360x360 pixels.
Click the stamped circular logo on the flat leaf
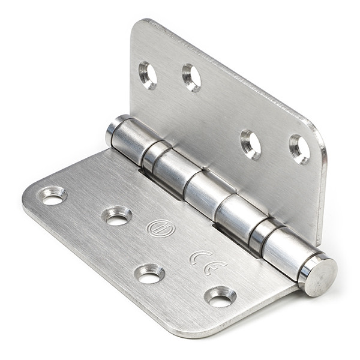point(161,228)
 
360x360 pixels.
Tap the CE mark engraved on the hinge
point(208,263)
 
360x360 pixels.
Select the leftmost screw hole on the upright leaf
point(148,75)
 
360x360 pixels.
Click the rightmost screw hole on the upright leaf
point(299,149)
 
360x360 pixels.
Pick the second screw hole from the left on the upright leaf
point(191,77)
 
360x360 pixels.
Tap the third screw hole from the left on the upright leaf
point(250,145)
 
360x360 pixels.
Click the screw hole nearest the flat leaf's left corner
point(52,196)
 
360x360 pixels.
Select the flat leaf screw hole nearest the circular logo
point(116,216)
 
